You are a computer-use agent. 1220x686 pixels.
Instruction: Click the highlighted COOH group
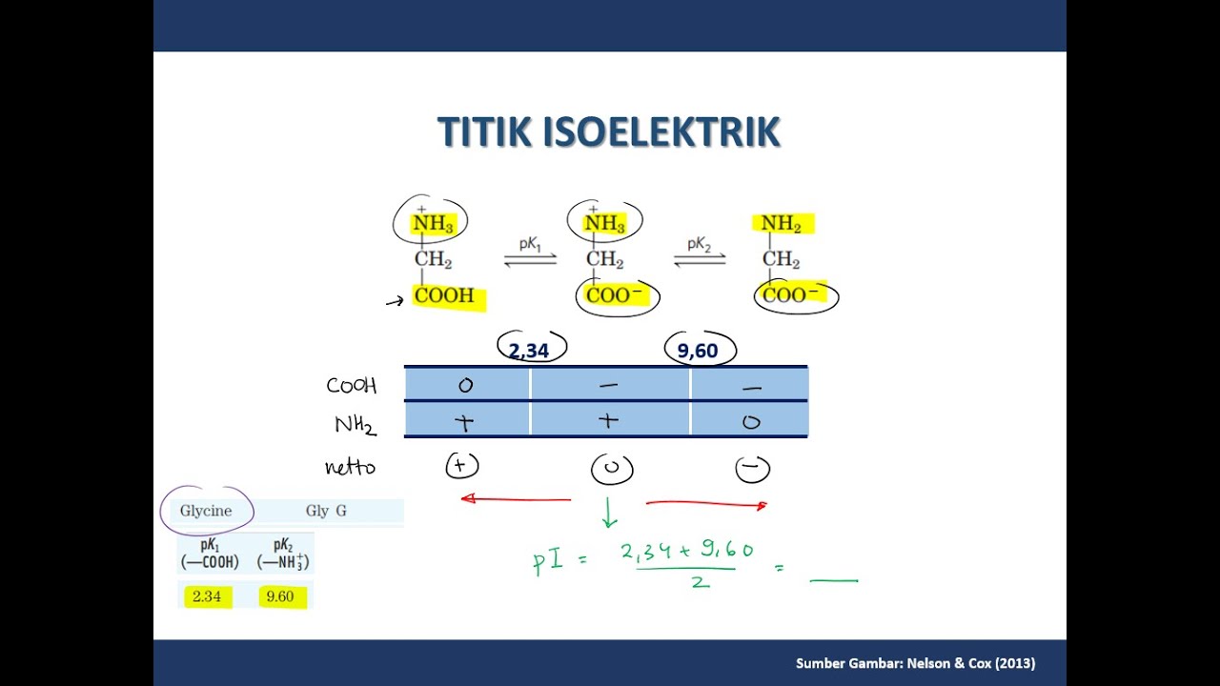pos(445,296)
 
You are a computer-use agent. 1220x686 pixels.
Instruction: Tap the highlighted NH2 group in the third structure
pos(782,224)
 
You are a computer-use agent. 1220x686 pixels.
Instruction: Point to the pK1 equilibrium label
pos(530,245)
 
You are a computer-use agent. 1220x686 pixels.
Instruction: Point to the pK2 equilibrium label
pos(700,245)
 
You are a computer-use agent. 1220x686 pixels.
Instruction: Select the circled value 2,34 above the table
pos(529,351)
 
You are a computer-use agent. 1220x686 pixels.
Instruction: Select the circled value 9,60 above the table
pos(698,351)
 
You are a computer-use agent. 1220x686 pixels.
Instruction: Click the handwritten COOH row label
pos(352,386)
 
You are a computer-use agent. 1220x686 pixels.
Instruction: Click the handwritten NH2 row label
pos(355,424)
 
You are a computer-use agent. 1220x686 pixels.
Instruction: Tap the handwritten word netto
pos(350,468)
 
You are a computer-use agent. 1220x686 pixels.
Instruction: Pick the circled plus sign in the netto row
pos(462,466)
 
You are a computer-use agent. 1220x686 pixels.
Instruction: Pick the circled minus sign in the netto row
pos(752,469)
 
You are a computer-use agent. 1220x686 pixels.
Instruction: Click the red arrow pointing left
pos(515,498)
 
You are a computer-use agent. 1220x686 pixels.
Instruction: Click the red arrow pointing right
pos(706,504)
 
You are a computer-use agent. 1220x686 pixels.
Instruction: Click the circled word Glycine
pos(206,511)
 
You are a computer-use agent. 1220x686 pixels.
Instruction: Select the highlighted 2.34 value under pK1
pos(207,597)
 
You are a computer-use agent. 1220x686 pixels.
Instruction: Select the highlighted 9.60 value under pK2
pos(280,597)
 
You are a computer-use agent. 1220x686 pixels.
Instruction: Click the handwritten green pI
pos(550,561)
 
